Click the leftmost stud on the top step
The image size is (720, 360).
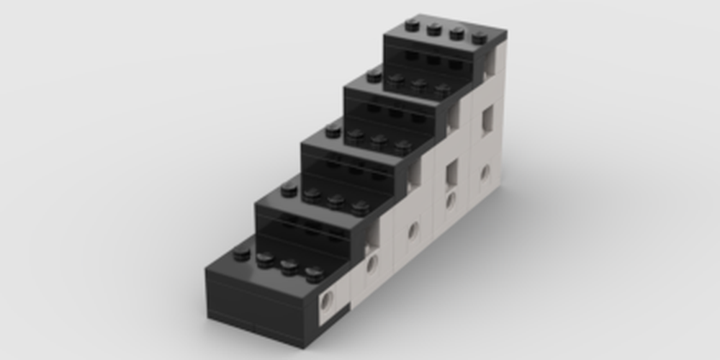point(412,25)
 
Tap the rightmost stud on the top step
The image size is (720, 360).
point(480,37)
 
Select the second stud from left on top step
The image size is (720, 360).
point(434,29)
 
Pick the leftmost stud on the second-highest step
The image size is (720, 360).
point(374,75)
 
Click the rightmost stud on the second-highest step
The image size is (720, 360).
point(442,90)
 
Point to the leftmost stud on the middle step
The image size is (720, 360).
point(333,130)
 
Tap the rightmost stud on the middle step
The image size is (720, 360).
point(402,147)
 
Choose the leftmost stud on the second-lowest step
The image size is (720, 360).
point(289,189)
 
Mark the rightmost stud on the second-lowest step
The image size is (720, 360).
point(360,208)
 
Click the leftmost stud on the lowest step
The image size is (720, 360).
point(242,253)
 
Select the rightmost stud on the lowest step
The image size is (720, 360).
point(314,274)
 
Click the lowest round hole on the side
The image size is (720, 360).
point(329,300)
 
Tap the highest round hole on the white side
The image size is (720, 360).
point(485,172)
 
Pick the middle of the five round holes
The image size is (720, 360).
point(413,231)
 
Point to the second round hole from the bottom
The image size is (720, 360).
point(372,264)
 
